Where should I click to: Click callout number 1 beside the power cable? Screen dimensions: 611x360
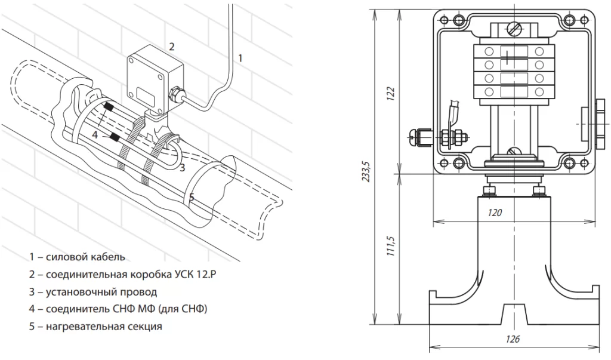[240, 59]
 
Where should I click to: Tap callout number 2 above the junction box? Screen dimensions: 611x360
[172, 47]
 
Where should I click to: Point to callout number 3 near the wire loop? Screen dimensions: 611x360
[183, 168]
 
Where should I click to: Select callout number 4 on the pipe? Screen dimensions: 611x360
[95, 135]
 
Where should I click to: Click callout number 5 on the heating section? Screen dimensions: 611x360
[192, 198]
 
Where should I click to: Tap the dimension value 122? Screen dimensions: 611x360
[391, 94]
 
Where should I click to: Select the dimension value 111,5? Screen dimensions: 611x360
[391, 246]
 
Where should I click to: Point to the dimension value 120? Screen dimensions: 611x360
[495, 213]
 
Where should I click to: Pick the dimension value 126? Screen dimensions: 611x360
[513, 339]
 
